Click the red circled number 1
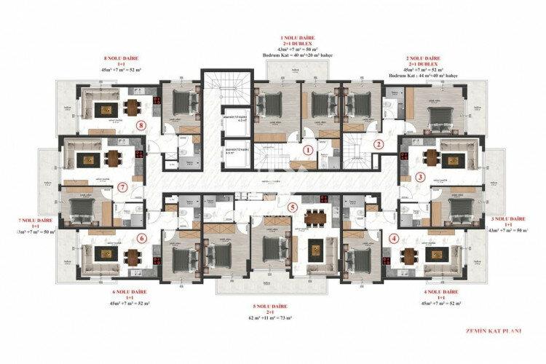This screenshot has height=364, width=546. point(308,151)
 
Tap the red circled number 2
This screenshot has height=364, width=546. point(379,144)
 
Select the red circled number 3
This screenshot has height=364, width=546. point(420,177)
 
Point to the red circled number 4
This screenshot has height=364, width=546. point(394,237)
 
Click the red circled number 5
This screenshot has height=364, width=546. point(293,207)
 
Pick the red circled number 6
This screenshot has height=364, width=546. point(142,238)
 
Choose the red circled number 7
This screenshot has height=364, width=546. point(122,187)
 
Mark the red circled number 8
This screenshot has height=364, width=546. point(143,124)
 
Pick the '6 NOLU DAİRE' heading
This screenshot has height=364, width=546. point(130,291)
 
